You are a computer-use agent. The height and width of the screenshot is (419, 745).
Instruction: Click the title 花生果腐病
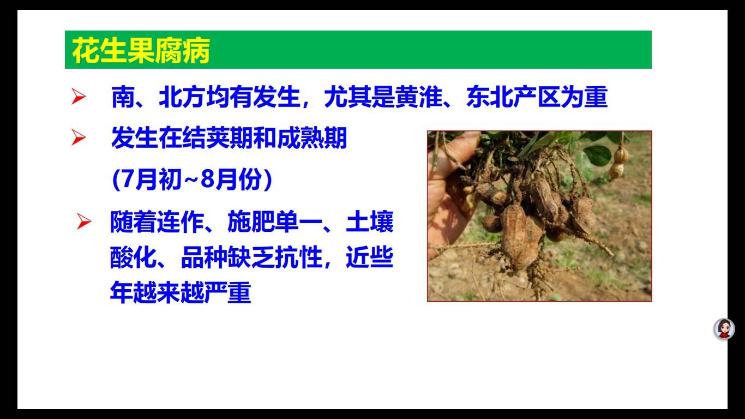pos(141,51)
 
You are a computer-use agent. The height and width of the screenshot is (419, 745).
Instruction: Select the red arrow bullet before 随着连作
pos(84,222)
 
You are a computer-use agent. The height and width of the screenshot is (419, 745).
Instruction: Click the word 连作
pos(169,223)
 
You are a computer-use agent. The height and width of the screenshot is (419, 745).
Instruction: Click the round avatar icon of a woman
pos(724,328)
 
